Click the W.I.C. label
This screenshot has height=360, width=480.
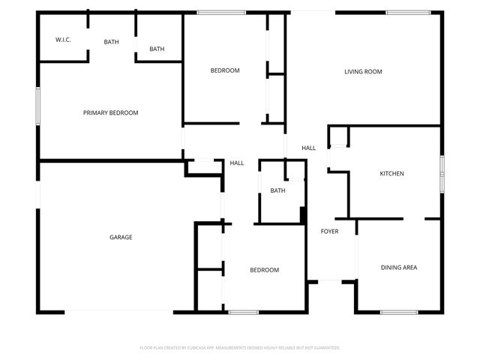point(63,39)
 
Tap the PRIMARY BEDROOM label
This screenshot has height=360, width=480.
point(110,112)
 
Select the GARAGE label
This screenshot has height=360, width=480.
point(121,237)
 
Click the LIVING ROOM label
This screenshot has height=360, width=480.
point(363,72)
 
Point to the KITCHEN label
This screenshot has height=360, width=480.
point(391,173)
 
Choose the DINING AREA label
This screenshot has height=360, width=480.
point(399,267)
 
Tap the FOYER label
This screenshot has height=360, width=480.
point(329,231)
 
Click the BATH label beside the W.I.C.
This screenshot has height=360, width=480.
point(111,42)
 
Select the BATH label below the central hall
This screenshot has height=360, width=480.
point(277,190)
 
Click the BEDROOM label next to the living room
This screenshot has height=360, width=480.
point(224,70)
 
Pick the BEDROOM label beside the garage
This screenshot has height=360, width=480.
point(264,270)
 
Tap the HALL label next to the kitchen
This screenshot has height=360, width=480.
point(308,148)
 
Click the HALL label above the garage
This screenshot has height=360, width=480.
point(236,163)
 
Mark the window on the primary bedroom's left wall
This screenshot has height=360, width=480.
point(38,106)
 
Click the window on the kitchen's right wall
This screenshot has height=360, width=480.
point(442,174)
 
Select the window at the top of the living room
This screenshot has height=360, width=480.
point(408,12)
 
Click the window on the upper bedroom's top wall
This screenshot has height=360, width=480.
point(221,12)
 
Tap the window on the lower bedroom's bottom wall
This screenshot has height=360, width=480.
point(244,312)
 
